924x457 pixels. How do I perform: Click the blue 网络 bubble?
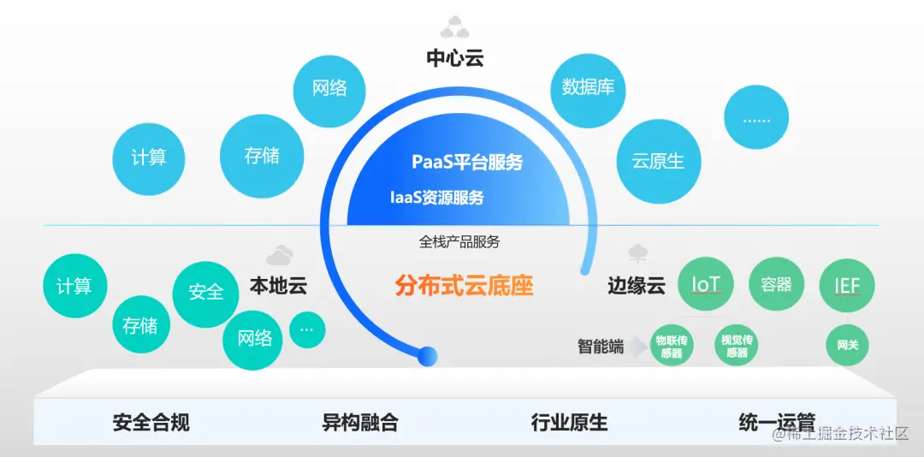330,88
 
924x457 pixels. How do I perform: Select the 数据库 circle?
588,87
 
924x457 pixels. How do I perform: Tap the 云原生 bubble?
658,161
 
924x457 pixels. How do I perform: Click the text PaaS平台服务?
467,162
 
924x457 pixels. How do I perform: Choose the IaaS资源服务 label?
437,198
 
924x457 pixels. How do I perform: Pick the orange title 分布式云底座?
465,286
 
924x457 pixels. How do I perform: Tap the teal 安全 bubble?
205,292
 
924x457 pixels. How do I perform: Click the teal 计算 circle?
74,286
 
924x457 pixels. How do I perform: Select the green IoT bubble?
706,284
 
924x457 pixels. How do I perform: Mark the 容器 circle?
776,284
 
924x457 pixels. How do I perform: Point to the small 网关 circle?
847,346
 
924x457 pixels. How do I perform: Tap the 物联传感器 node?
672,346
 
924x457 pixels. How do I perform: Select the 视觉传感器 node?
736,346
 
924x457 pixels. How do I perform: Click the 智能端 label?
600,346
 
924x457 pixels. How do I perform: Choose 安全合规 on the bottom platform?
151,422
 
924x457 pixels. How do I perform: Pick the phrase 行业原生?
569,422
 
